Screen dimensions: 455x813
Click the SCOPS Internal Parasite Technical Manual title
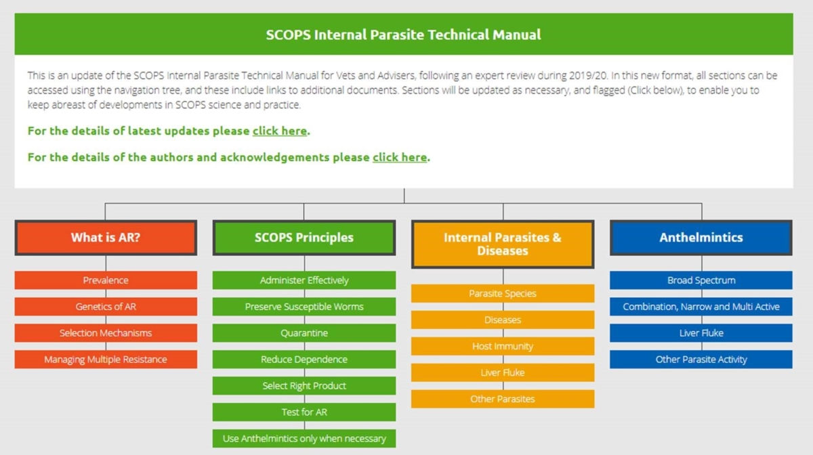[403, 35]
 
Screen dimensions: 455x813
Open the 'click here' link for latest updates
[280, 131]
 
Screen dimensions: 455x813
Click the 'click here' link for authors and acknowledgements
[400, 157]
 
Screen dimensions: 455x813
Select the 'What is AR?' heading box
[106, 238]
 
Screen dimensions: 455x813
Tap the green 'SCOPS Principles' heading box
[304, 238]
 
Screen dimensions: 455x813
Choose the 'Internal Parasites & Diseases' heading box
[502, 244]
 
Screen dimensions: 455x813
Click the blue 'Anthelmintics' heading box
[701, 238]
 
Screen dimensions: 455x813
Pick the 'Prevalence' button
[106, 280]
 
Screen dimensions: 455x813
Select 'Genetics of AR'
[106, 307]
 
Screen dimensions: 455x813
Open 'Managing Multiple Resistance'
[106, 360]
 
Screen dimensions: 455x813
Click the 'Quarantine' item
[304, 333]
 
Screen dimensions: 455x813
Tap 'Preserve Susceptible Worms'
[304, 307]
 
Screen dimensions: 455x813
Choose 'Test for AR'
[304, 412]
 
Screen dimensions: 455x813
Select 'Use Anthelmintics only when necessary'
[304, 439]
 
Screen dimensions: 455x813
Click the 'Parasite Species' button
[503, 294]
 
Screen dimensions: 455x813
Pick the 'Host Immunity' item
[503, 347]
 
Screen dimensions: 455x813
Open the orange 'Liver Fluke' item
[503, 373]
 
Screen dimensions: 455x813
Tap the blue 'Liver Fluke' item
[701, 333]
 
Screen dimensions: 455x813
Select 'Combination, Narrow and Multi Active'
[701, 307]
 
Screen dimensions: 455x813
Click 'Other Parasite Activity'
[701, 360]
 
